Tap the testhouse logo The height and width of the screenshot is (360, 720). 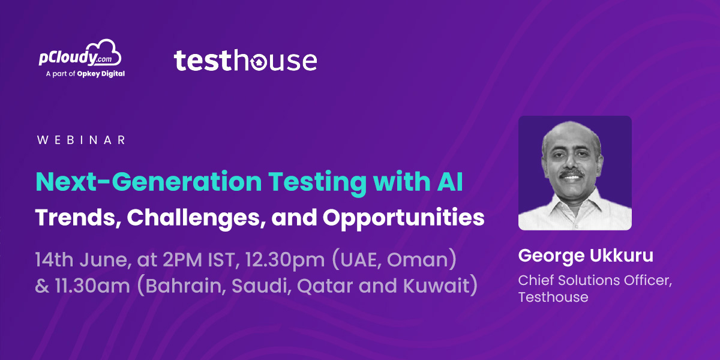coord(245,60)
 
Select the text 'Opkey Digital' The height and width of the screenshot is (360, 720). coord(101,74)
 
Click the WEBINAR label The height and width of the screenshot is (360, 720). coord(81,140)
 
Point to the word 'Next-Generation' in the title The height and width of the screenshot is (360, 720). coord(149,182)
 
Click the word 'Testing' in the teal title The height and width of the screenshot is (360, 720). coord(317,183)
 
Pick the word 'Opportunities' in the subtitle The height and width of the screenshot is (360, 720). coord(403,218)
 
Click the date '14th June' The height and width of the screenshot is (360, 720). coord(83,260)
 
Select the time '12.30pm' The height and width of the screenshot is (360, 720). coord(285,260)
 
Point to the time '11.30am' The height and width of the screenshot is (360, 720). coord(92,286)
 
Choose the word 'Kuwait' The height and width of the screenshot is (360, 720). coord(437,286)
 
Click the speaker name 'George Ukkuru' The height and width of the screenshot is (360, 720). coord(586,256)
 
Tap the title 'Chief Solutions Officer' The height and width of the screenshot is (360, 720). coord(595,280)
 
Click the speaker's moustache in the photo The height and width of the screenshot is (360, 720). coord(571,174)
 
